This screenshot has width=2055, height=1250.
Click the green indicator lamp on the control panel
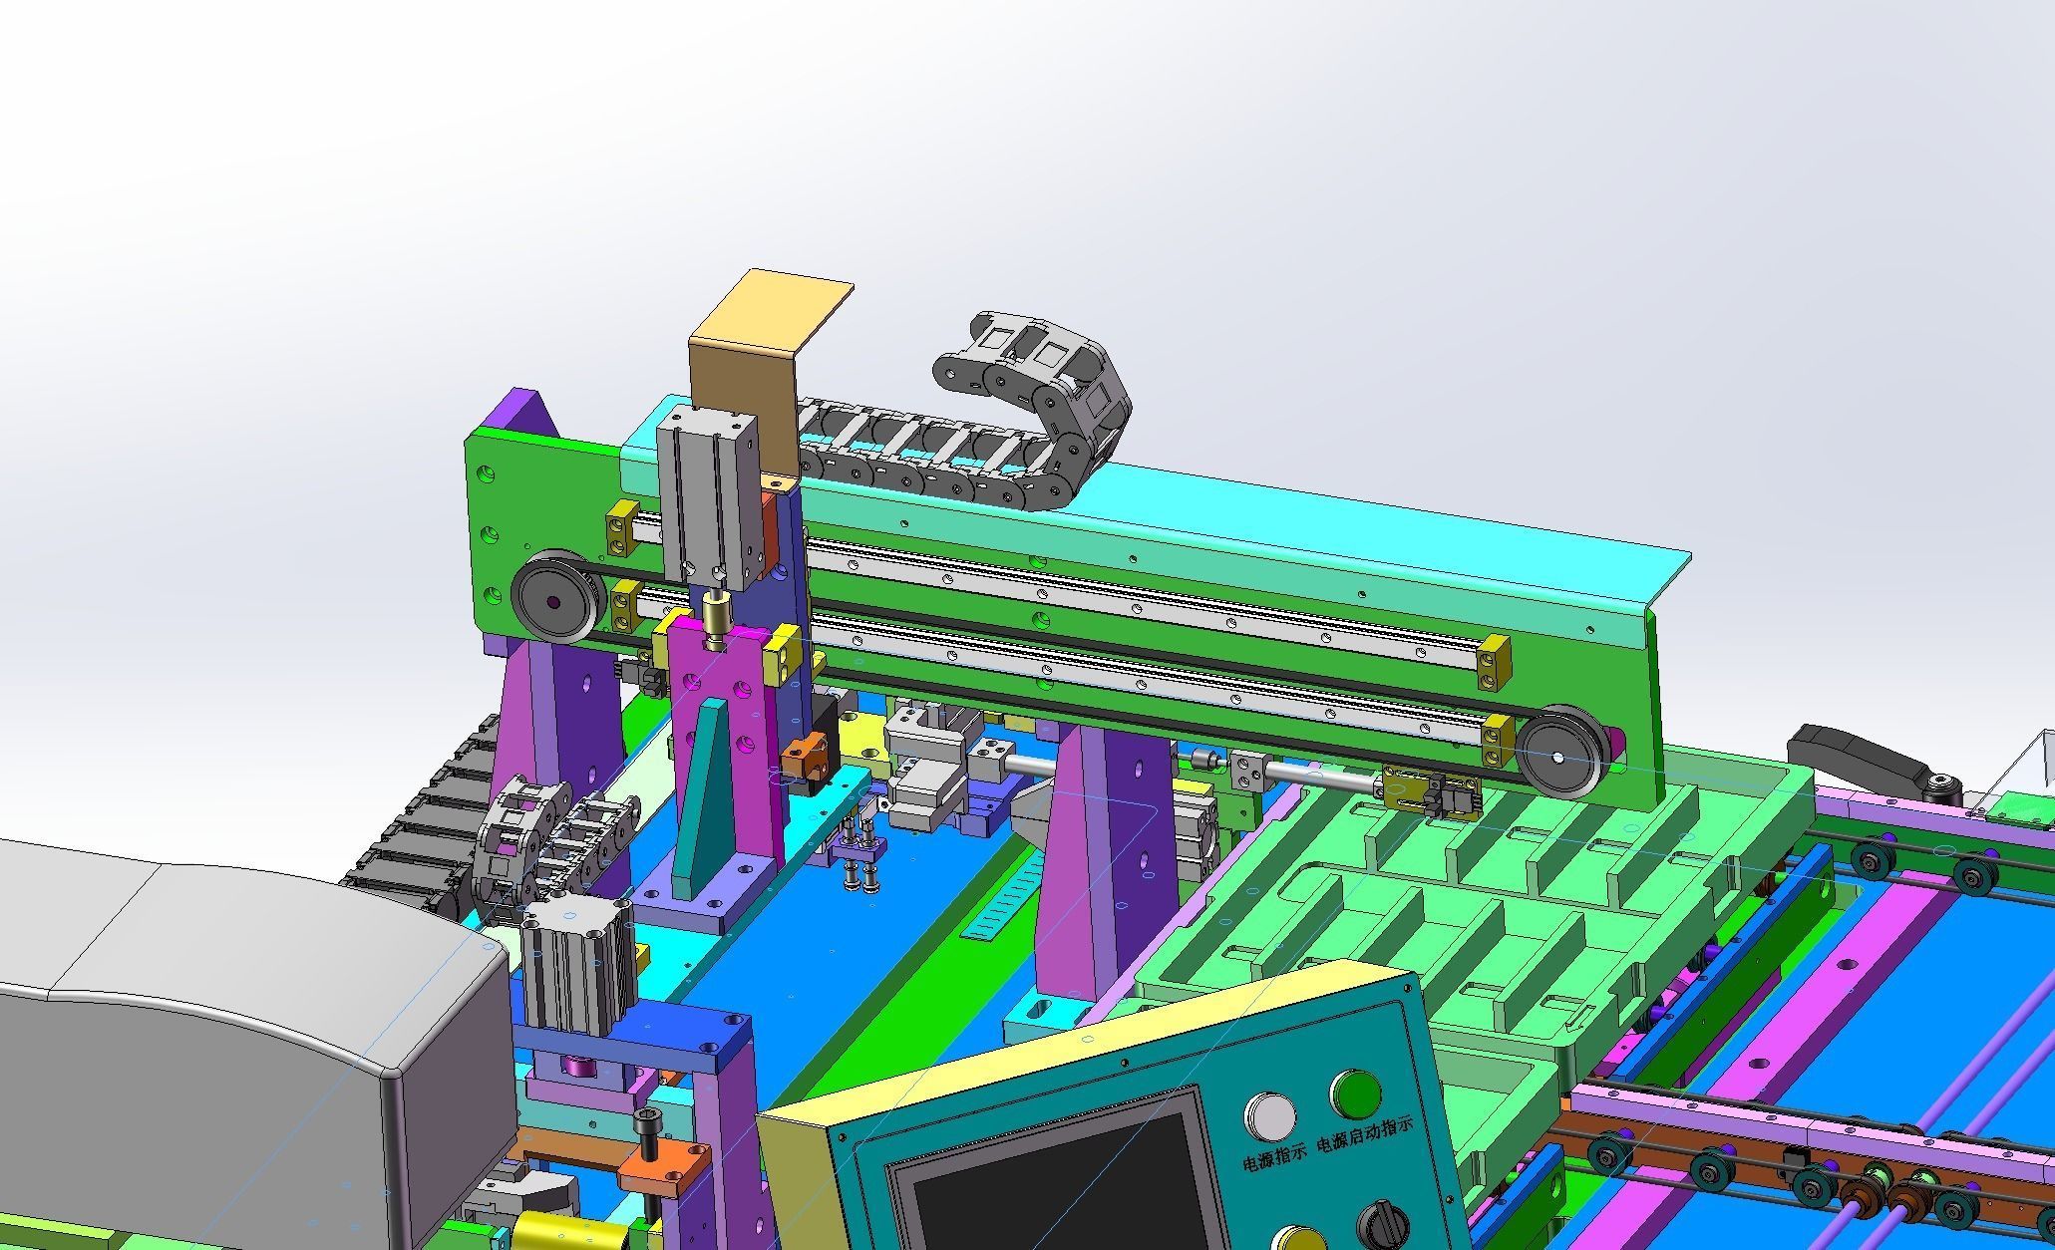pyautogui.click(x=1355, y=1094)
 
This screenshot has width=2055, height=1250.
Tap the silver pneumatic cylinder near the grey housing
pyautogui.click(x=573, y=967)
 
